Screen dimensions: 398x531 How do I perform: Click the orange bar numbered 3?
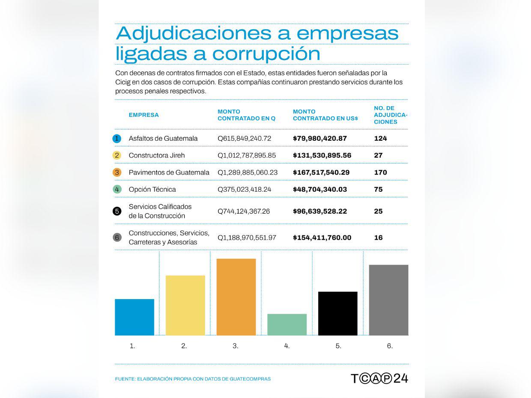click(236, 297)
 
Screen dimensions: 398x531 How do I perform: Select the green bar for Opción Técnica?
click(287, 324)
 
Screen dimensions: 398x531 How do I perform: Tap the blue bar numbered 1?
click(134, 317)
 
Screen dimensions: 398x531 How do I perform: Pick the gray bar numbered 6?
click(388, 300)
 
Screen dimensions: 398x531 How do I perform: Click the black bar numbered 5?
click(338, 313)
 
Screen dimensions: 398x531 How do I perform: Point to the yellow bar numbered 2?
click(185, 305)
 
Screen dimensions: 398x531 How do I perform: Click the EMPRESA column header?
click(143, 115)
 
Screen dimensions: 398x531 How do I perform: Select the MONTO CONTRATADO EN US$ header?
click(325, 115)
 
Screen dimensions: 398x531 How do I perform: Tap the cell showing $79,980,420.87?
click(319, 138)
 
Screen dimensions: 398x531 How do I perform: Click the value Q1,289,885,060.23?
click(248, 172)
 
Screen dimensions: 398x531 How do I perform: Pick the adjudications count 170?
click(380, 172)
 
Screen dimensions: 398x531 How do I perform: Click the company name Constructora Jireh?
click(157, 155)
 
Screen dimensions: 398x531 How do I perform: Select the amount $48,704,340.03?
click(319, 189)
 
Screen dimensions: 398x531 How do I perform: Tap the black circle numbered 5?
click(117, 211)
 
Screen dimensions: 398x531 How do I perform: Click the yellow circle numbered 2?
click(117, 155)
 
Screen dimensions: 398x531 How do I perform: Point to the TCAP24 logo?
click(379, 378)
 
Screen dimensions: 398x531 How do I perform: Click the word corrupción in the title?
click(266, 53)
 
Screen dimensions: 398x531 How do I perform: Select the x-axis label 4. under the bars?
click(287, 346)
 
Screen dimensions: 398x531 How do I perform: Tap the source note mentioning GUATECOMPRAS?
click(193, 379)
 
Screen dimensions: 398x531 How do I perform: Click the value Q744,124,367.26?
click(244, 211)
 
